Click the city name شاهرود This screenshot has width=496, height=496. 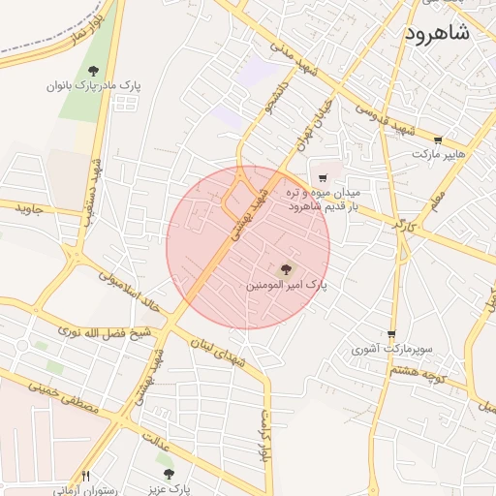(433, 32)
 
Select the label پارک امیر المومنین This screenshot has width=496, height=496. (286, 287)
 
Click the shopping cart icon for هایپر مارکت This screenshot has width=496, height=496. (438, 140)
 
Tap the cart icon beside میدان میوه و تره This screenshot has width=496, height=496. (323, 178)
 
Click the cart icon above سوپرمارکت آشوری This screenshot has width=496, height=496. (391, 334)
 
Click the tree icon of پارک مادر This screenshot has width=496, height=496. (93, 71)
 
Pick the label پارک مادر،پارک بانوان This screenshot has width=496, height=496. (93, 85)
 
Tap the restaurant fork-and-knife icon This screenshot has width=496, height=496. (86, 476)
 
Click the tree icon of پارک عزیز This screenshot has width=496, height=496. (169, 474)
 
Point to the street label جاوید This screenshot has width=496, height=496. (29, 207)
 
